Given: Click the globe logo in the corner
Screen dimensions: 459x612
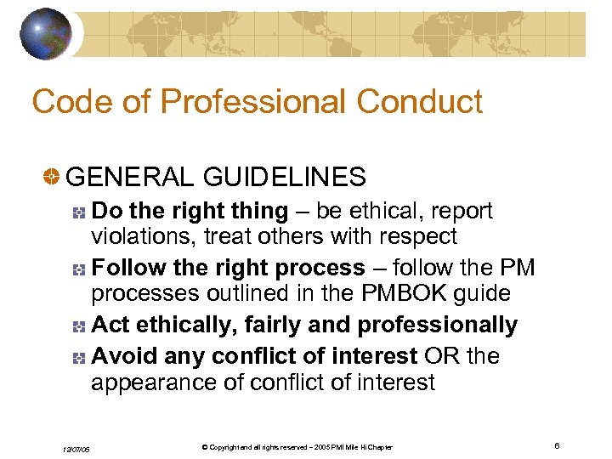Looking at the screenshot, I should pyautogui.click(x=48, y=34).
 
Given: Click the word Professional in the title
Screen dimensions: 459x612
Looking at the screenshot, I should pyautogui.click(x=255, y=102).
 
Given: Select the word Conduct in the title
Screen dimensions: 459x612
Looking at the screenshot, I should pyautogui.click(x=420, y=102).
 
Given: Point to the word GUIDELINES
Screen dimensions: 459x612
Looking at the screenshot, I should pyautogui.click(x=284, y=177).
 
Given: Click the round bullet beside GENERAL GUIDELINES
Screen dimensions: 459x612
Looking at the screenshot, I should pyautogui.click(x=52, y=177).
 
